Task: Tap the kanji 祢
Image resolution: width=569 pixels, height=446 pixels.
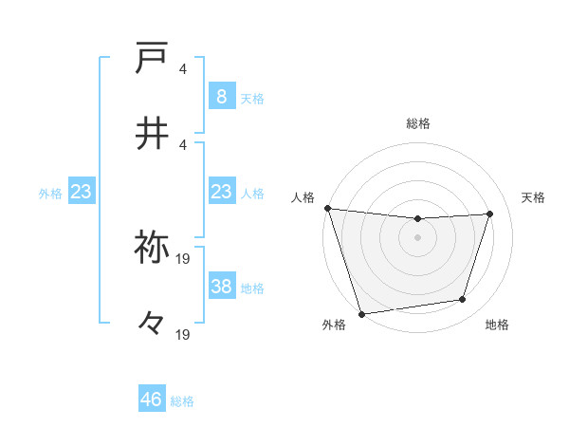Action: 152,247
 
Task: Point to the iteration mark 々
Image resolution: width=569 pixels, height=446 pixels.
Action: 152,323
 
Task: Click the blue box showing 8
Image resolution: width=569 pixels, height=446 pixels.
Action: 221,96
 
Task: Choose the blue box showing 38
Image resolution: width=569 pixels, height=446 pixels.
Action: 221,287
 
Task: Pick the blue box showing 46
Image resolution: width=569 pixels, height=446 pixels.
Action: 152,400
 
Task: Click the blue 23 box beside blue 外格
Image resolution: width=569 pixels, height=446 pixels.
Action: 81,193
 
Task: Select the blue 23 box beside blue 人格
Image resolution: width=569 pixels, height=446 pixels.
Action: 221,193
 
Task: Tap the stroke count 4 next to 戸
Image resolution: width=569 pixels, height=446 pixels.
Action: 183,69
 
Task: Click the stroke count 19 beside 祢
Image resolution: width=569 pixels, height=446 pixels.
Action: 184,257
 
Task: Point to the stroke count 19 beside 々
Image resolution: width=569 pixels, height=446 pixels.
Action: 184,334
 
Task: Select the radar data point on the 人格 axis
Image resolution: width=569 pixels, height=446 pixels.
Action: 327,208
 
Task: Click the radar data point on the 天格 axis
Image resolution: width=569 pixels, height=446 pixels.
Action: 490,214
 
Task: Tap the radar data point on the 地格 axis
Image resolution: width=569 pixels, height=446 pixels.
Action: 463,300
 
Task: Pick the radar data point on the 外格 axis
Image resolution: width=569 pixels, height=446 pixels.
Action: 361,313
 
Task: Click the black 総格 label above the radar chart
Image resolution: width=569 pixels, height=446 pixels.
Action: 418,123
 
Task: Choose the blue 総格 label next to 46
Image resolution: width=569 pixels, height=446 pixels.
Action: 182,400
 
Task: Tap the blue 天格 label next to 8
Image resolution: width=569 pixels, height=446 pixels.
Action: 252,97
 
